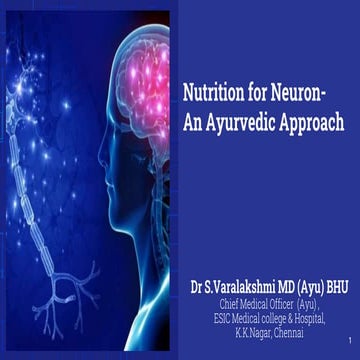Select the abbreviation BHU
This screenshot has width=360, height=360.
[x=340, y=287]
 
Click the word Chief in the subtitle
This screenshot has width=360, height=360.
[x=229, y=303]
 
